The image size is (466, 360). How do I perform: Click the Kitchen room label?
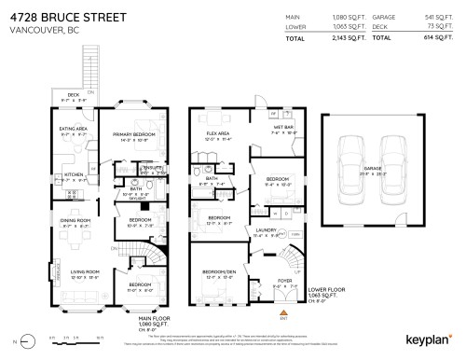point(75,173)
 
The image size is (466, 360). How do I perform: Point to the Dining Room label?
point(75,221)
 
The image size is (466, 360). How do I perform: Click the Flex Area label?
point(218,134)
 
